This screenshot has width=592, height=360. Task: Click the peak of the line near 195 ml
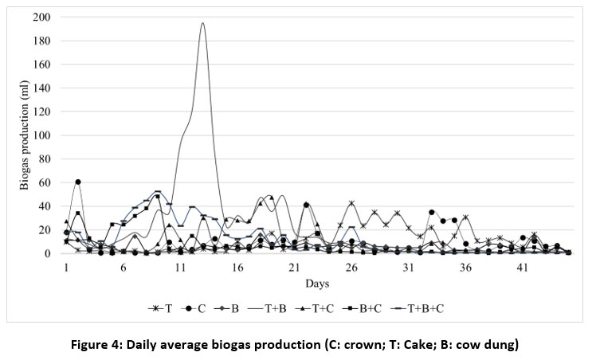202,23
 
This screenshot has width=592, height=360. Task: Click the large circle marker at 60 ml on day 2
77,182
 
